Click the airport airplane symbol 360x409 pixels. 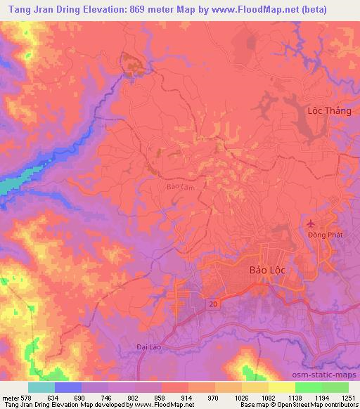(x=310, y=223)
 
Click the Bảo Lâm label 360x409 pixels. (x=178, y=187)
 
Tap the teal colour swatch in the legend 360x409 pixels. (x=41, y=387)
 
